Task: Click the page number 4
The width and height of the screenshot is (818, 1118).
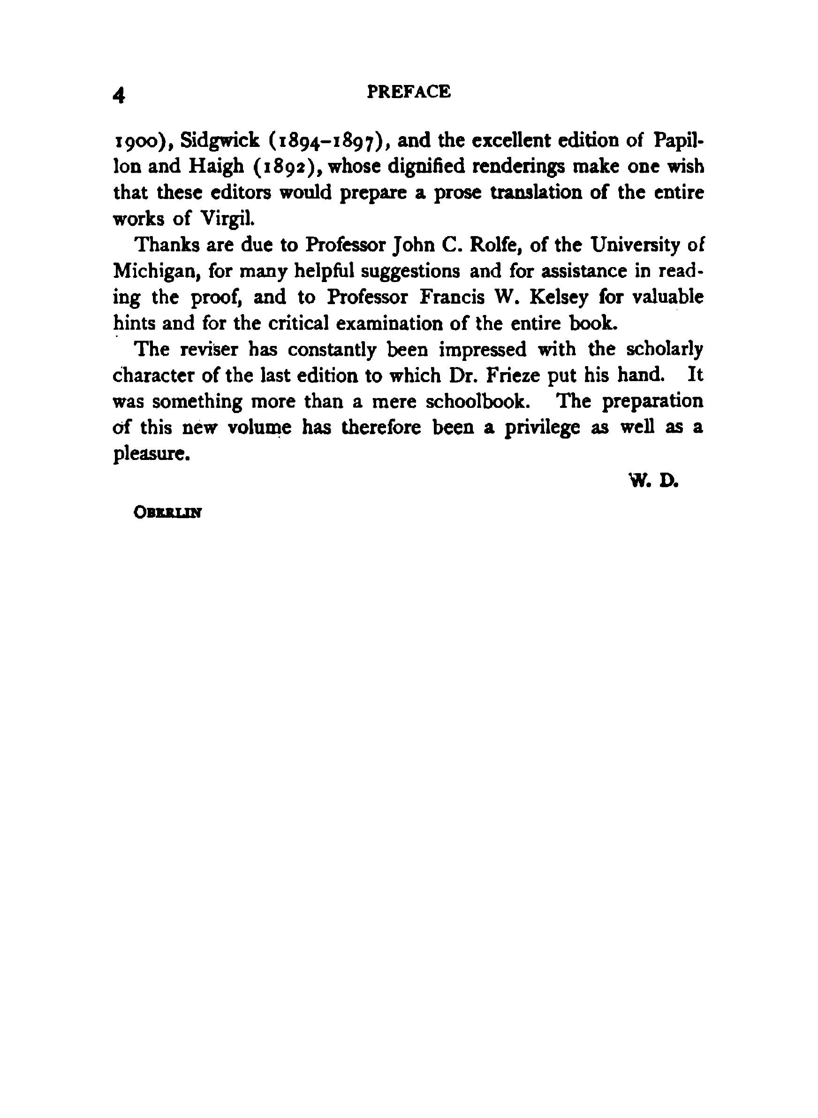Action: click(x=119, y=95)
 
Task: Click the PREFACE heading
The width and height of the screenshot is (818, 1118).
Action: click(x=409, y=92)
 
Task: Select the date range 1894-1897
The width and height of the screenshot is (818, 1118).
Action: click(x=328, y=142)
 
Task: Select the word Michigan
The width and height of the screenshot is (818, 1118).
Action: click(x=156, y=271)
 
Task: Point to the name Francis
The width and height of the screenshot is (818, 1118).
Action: click(x=452, y=297)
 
